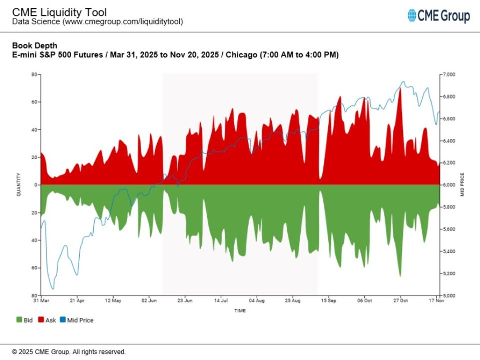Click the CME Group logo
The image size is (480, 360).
tap(438, 16)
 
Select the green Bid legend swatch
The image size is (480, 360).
tap(19, 320)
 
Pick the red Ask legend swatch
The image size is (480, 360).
tap(41, 320)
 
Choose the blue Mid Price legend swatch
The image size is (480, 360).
tap(63, 320)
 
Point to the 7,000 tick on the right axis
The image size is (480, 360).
tap(449, 74)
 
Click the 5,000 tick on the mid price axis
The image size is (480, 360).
tap(449, 295)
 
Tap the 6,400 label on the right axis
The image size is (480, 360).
tap(449, 141)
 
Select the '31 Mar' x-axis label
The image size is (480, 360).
tap(41, 301)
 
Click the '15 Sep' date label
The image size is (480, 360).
tap(328, 301)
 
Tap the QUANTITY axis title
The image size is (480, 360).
tap(19, 184)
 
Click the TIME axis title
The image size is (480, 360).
tap(240, 310)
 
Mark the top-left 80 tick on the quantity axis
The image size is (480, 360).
tap(34, 74)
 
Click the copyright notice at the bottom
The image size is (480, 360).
tap(69, 352)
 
